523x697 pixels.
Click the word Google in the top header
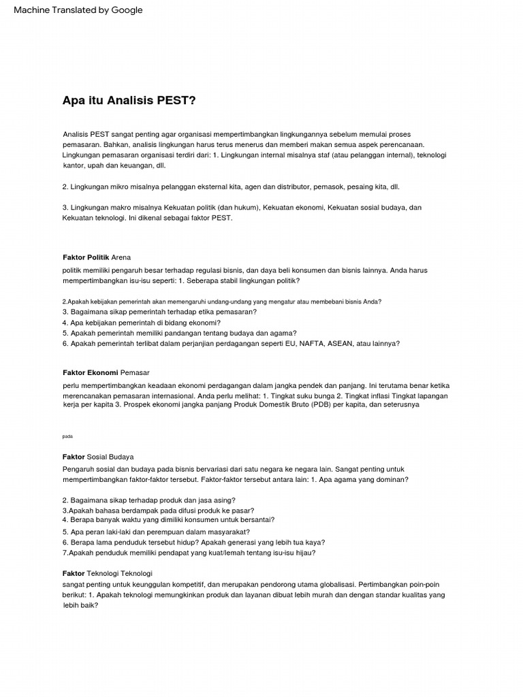coord(127,10)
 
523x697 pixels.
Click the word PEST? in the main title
coord(176,101)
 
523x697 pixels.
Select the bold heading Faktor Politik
coord(85,257)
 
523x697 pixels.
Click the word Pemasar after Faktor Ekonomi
coord(135,372)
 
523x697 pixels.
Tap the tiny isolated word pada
coord(67,436)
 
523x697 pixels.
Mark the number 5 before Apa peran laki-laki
coord(65,532)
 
